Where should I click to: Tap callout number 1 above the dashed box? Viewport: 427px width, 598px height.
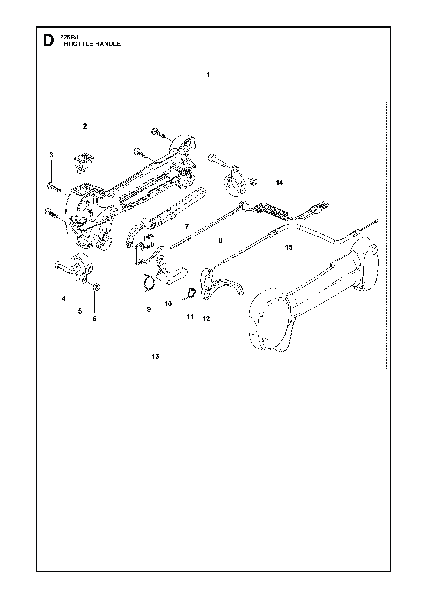208,75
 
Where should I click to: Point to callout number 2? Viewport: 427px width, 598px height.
85,126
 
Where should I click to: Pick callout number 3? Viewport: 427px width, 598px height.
51,155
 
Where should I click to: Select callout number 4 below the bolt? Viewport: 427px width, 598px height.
64,299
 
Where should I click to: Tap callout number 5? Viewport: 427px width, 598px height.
80,311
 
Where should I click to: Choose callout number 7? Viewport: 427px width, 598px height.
187,227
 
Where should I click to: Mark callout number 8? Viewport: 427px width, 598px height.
220,240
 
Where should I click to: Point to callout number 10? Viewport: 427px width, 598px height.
168,304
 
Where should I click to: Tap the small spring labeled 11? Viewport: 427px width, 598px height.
190,295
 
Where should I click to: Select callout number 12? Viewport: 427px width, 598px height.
206,319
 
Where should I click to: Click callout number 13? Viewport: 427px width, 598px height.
155,356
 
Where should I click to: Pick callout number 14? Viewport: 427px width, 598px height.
279,183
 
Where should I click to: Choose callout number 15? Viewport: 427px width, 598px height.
289,247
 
